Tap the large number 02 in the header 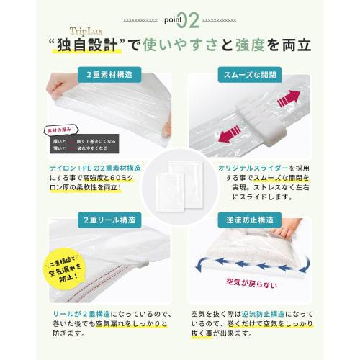point(188,19)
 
